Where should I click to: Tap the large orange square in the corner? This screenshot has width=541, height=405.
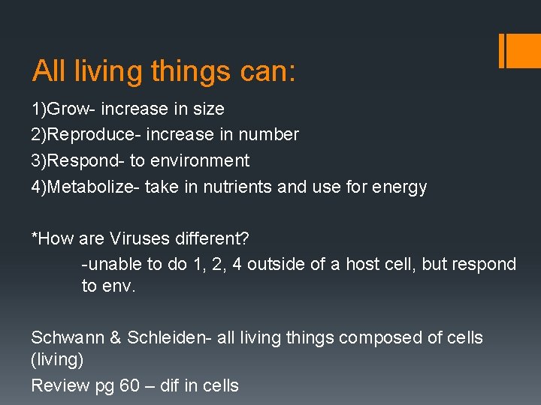[523, 50]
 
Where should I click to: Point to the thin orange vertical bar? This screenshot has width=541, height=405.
[501, 50]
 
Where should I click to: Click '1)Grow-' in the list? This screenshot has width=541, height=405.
[63, 109]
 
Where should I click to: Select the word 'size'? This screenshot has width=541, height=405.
[209, 109]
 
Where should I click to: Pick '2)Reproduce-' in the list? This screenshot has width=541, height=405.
[86, 135]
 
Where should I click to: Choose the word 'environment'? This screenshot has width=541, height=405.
[203, 160]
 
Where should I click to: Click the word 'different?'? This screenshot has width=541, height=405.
[214, 238]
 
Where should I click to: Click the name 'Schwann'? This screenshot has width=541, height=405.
[68, 337]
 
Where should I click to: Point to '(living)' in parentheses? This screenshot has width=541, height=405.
[57, 360]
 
